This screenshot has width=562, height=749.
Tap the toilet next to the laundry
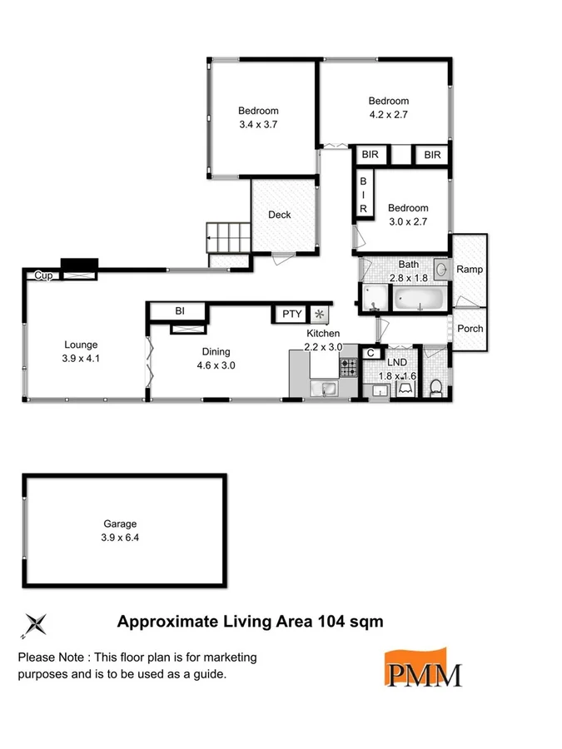coord(435,385)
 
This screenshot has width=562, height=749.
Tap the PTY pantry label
coord(291,314)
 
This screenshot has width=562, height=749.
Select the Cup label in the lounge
coord(42,275)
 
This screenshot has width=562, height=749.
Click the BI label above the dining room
coord(179,310)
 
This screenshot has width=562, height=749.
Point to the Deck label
coord(280,215)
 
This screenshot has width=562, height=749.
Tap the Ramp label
coord(470,270)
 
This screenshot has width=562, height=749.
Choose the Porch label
coord(470,328)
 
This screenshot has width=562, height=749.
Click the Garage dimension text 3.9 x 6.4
coord(120,538)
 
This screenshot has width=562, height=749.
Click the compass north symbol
coord(37,623)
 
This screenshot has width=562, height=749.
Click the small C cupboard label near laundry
coord(370,352)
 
